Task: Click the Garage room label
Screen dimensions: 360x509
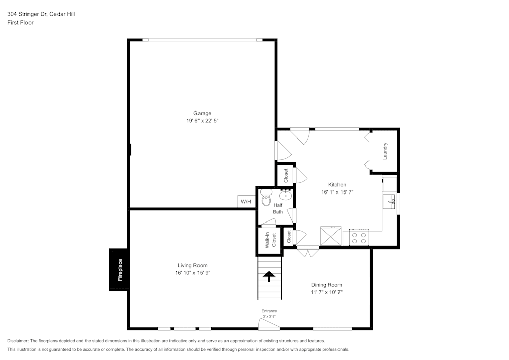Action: tap(202, 113)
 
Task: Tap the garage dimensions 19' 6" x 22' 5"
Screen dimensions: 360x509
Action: tap(202, 121)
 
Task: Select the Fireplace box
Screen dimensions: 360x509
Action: tap(119, 270)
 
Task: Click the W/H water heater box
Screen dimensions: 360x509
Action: tap(246, 202)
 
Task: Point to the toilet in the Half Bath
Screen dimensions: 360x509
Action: tap(266, 198)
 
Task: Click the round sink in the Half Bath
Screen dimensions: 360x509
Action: tap(286, 194)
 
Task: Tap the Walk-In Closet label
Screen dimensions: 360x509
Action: tap(270, 240)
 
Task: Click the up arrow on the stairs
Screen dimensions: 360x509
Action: tap(269, 276)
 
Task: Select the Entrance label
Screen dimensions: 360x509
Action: tap(269, 311)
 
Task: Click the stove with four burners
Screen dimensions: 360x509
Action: tap(358, 238)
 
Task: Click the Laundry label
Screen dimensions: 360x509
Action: tap(385, 151)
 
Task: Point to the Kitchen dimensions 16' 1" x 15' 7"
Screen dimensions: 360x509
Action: tap(337, 192)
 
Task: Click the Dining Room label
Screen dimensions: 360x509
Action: tap(326, 285)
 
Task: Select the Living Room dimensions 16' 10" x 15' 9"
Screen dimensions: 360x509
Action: tap(192, 273)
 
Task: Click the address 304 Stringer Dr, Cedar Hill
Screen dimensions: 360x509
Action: tap(41, 14)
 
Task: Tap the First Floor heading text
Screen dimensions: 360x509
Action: tap(20, 23)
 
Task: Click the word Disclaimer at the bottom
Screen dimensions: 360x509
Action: tap(18, 341)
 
